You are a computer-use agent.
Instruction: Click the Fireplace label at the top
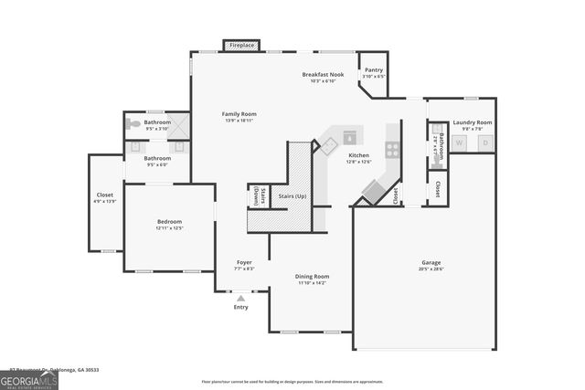coord(242,44)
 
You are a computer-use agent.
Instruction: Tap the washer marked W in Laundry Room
coord(460,143)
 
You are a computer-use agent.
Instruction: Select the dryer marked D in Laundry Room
coord(485,143)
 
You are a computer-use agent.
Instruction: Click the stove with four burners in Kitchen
coord(393,149)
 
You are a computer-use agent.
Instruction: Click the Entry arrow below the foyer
coord(240,298)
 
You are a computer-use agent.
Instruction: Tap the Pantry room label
coord(374,69)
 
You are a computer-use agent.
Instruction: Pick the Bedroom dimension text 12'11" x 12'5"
coord(169,228)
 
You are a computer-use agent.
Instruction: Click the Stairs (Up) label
coord(292,195)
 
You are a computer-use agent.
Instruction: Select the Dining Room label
coord(312,276)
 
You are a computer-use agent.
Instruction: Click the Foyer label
coord(243,262)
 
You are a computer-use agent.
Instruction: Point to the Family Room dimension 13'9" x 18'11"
coord(239,120)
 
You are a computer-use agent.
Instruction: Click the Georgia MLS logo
coord(29,377)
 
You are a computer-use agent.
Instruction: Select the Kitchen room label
coord(358,155)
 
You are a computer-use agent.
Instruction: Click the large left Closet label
coord(105,195)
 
